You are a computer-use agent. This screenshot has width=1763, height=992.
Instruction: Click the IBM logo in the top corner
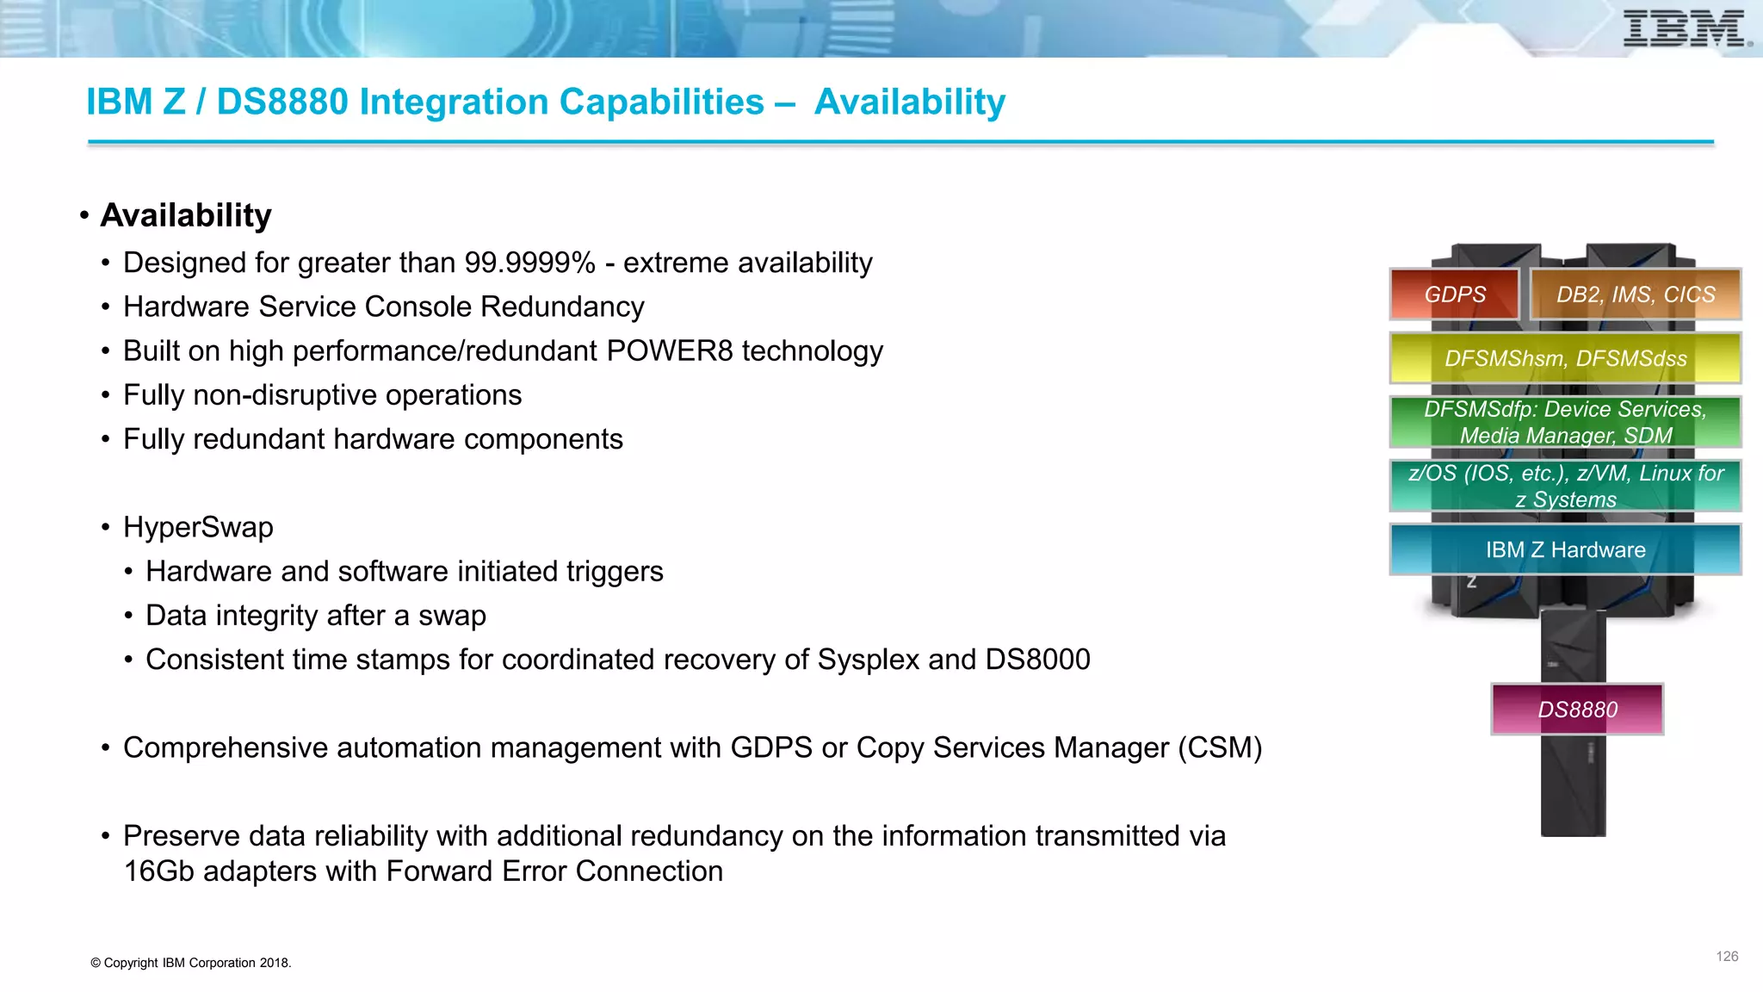1686,29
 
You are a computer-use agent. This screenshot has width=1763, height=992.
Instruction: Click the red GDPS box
1454,294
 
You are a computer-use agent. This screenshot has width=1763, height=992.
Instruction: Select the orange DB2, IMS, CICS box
1635,294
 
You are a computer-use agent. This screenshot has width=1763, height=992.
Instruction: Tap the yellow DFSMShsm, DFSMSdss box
1565,358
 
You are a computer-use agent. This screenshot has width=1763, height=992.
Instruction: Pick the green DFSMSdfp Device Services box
1565,422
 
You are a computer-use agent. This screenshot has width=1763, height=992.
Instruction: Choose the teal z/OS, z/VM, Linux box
1565,486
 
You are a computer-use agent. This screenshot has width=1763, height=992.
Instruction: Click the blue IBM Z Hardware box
1565,549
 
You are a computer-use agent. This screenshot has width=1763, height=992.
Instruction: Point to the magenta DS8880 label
1577,710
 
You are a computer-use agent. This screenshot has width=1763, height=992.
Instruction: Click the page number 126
1727,957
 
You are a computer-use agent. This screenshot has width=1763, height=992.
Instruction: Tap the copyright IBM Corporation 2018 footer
191,963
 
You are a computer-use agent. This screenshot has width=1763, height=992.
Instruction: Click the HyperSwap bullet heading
198,527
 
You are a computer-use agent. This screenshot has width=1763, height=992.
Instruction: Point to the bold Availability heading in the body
186,215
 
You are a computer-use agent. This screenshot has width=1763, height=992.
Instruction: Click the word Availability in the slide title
909,102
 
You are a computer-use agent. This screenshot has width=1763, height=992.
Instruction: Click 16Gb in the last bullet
159,871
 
